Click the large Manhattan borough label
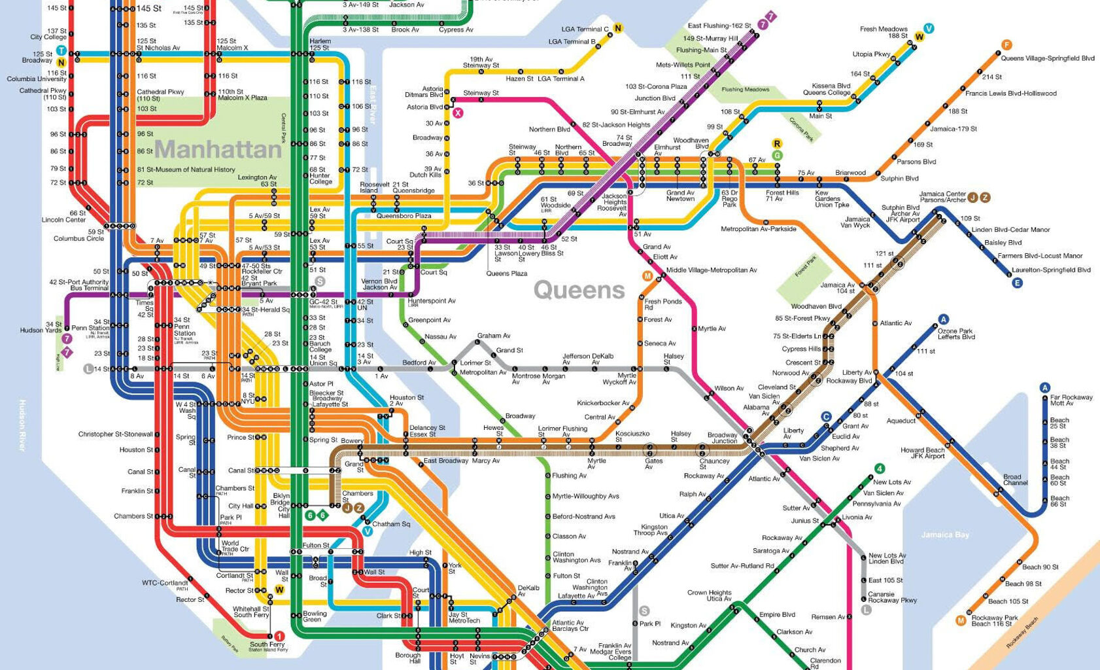[x=218, y=150]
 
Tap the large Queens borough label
[x=579, y=290]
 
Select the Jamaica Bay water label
[x=945, y=535]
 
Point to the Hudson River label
[x=22, y=425]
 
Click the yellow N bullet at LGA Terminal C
[x=617, y=28]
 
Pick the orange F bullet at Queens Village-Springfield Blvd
[x=1006, y=45]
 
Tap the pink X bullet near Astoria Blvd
[x=458, y=113]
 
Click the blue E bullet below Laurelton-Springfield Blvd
[x=1017, y=283]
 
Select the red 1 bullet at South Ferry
[x=279, y=635]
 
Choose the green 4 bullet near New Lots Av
[x=880, y=468]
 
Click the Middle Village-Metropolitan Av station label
[x=712, y=270]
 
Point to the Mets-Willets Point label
[x=683, y=65]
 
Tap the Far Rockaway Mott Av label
[x=1071, y=400]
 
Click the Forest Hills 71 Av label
[x=782, y=196]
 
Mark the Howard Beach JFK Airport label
[x=922, y=453]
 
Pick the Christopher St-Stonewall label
[x=115, y=434]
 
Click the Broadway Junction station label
[x=722, y=438]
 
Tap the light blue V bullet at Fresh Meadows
[x=929, y=28]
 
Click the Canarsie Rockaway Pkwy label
[x=892, y=597]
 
